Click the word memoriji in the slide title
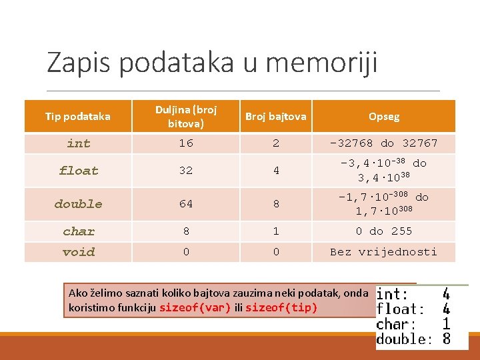pyautogui.click(x=321, y=63)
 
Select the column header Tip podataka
pyautogui.click(x=78, y=117)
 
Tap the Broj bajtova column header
pyautogui.click(x=276, y=117)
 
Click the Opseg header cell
pyautogui.click(x=384, y=117)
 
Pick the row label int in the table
pyautogui.click(x=79, y=143)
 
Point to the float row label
pyautogui.click(x=79, y=171)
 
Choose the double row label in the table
pyautogui.click(x=79, y=204)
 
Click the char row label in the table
pyautogui.click(x=79, y=231)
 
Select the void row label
pyautogui.click(x=79, y=252)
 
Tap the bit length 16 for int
pyautogui.click(x=186, y=143)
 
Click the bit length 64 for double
pyautogui.click(x=186, y=204)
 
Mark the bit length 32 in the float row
pyautogui.click(x=186, y=171)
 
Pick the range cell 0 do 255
pyautogui.click(x=384, y=231)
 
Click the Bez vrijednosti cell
pyautogui.click(x=384, y=252)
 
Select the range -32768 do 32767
pyautogui.click(x=384, y=143)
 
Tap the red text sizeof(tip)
pyautogui.click(x=281, y=307)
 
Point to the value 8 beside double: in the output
pyautogui.click(x=447, y=339)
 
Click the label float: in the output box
pyautogui.click(x=401, y=309)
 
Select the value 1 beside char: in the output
pyautogui.click(x=447, y=324)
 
